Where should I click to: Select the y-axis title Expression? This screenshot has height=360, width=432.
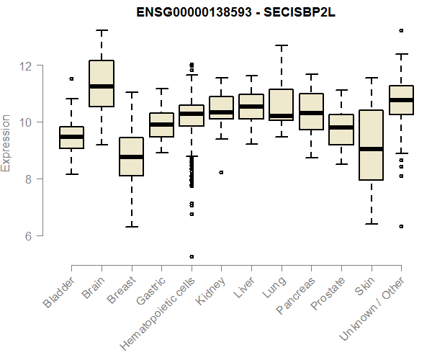(x=6, y=143)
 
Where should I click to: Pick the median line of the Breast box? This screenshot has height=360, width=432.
(x=131, y=157)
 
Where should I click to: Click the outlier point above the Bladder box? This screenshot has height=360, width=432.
(x=71, y=78)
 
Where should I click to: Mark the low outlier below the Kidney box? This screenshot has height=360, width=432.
(x=221, y=172)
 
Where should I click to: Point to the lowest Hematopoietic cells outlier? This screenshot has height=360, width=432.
(x=192, y=256)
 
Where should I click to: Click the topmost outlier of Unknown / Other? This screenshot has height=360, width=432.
(x=401, y=30)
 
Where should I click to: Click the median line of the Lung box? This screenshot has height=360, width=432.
(x=281, y=116)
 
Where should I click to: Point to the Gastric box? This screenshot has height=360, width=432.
(x=161, y=125)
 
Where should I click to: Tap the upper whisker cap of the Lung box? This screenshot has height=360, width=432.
(x=281, y=45)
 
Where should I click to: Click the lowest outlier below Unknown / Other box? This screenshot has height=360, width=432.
(x=401, y=226)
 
